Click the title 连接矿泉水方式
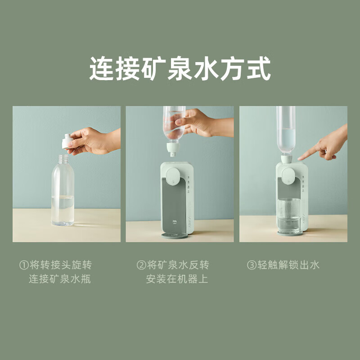[180, 69]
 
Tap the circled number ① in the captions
[24, 265]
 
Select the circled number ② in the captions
[141, 265]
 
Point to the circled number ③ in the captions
[252, 265]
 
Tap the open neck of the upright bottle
[63, 159]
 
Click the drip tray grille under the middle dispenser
[175, 235]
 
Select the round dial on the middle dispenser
[173, 176]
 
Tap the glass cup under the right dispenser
[288, 216]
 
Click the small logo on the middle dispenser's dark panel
[175, 222]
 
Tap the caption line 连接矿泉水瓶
[60, 279]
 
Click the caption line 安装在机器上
[177, 279]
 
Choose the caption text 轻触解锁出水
[288, 265]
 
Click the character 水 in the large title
[206, 69]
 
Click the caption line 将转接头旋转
[61, 265]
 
